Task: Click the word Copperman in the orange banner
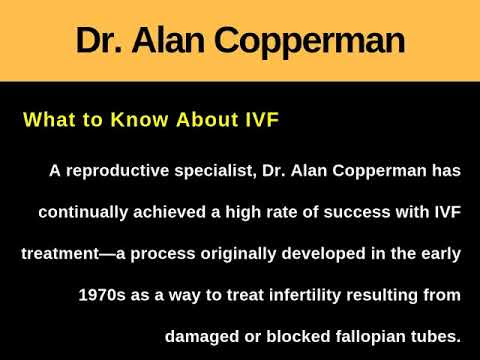[x=309, y=41]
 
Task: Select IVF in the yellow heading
[x=262, y=119]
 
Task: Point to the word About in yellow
[x=207, y=119]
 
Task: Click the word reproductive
[x=118, y=171]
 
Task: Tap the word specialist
[x=215, y=171]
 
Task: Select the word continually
[x=83, y=212]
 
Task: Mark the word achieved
[x=169, y=212]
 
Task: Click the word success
[x=356, y=212]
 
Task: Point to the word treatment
[x=60, y=254]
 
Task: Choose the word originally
[x=238, y=254]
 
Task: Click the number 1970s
[x=102, y=295]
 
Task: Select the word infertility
[x=305, y=295]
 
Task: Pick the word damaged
[x=202, y=337]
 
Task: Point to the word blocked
[x=298, y=336]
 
